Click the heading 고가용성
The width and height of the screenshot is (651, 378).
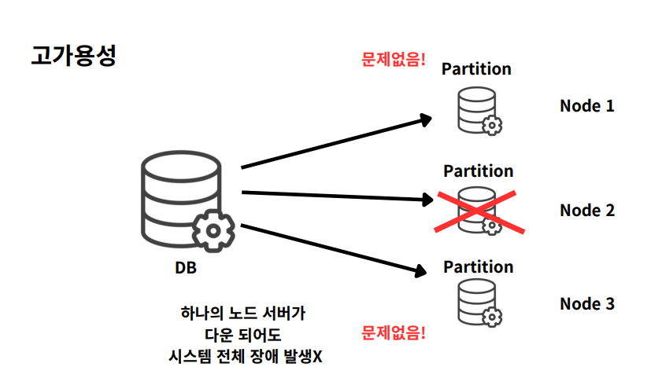74,57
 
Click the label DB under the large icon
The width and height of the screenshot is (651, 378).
186,268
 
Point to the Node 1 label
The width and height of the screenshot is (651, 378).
586,105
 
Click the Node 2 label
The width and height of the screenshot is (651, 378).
586,210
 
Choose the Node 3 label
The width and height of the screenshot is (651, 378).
586,303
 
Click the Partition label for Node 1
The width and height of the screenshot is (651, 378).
476,68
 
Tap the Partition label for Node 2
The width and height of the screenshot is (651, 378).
478,171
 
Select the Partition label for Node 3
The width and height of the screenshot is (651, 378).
478,266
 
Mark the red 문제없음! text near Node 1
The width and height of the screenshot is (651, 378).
392,59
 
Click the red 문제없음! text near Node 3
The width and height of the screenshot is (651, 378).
393,333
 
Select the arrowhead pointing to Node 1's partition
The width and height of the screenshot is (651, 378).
425,119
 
